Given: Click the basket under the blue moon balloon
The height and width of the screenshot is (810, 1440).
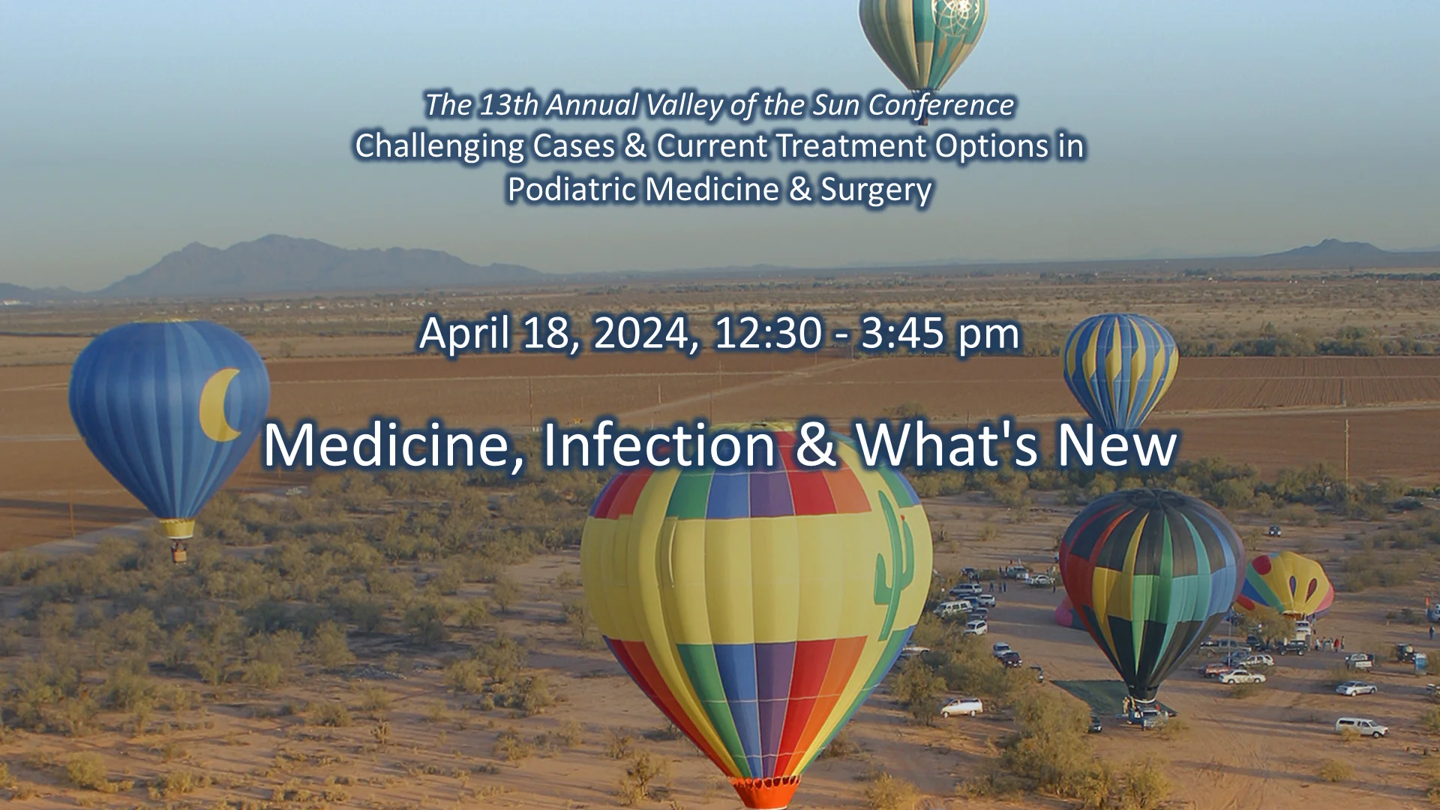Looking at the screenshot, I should (178, 553).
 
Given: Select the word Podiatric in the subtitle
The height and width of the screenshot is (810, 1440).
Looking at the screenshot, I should (571, 189).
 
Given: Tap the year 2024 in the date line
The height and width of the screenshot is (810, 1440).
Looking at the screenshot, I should (646, 333).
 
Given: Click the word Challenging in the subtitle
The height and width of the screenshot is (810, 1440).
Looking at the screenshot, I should (439, 145).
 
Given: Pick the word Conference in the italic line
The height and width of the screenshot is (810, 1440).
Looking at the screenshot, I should (941, 105).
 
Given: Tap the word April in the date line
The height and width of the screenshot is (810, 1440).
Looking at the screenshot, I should (463, 333).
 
